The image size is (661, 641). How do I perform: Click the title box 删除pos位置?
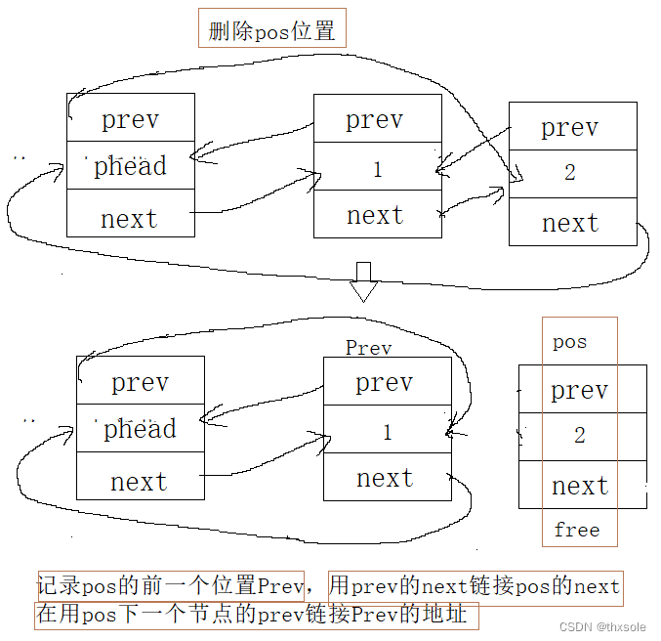click(271, 30)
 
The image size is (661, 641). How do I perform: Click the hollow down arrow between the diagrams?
click(364, 281)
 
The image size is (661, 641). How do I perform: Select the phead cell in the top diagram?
click(130, 166)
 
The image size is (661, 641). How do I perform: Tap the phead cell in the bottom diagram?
click(140, 429)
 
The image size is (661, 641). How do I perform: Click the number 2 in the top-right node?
click(570, 173)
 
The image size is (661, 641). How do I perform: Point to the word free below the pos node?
click(576, 530)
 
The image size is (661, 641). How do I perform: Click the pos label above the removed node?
click(569, 342)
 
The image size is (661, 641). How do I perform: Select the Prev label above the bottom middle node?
click(368, 348)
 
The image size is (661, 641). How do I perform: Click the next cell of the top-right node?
click(570, 223)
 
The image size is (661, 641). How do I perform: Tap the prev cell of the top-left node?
click(130, 120)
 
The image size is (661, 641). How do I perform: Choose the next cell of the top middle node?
click(376, 215)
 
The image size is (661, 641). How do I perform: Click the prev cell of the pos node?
click(579, 391)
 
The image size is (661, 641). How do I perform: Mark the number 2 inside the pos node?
click(579, 436)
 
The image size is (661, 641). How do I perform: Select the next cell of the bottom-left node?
click(139, 481)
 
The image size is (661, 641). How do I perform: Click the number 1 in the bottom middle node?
click(387, 432)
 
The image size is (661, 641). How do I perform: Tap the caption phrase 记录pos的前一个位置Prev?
click(171, 586)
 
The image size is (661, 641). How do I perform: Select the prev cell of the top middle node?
click(375, 120)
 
